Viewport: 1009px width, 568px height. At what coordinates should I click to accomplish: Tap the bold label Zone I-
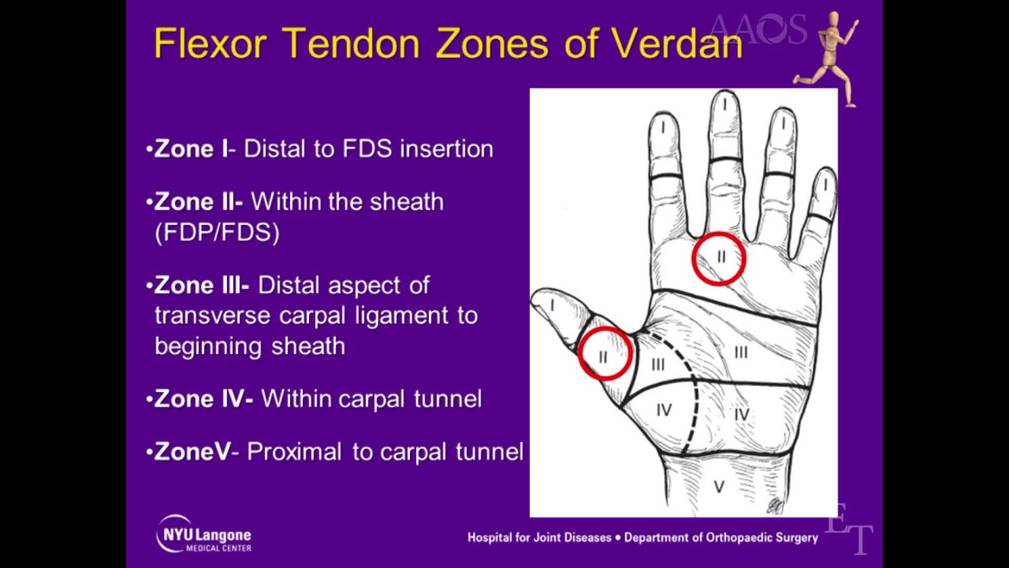pyautogui.click(x=192, y=149)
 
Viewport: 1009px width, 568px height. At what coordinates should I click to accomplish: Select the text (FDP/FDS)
pyautogui.click(x=217, y=232)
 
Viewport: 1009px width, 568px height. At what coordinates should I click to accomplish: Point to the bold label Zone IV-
pyautogui.click(x=203, y=399)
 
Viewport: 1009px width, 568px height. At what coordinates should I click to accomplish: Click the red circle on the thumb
pyautogui.click(x=604, y=353)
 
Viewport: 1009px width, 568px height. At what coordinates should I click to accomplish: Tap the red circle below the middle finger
pyautogui.click(x=718, y=259)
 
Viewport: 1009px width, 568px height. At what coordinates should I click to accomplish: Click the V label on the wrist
pyautogui.click(x=719, y=486)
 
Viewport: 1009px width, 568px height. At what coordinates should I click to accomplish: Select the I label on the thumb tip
pyautogui.click(x=552, y=305)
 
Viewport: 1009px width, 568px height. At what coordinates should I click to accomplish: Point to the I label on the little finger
pyautogui.click(x=826, y=185)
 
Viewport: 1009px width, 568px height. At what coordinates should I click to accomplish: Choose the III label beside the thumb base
pyautogui.click(x=658, y=364)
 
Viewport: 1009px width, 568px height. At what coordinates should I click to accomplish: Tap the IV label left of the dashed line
pyautogui.click(x=664, y=410)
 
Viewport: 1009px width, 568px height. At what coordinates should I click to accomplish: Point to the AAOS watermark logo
pyautogui.click(x=757, y=29)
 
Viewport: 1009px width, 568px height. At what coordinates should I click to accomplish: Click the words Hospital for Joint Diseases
pyautogui.click(x=539, y=537)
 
